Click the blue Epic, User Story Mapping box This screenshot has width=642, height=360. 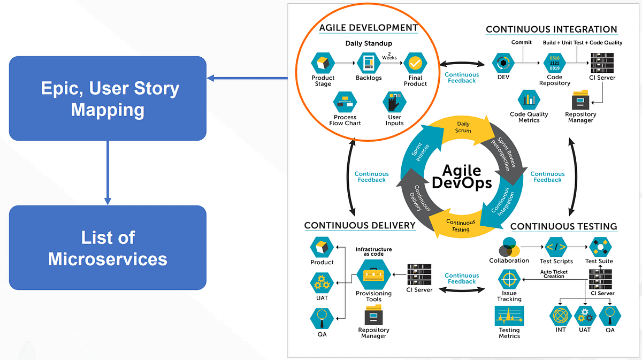click(108, 98)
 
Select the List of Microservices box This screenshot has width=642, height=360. click(108, 248)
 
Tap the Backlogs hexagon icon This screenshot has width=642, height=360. click(368, 63)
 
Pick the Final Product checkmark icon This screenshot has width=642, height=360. click(415, 63)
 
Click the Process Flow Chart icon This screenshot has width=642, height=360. click(345, 102)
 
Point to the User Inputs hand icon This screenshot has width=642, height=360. click(394, 102)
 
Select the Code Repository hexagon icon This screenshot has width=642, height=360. click(554, 63)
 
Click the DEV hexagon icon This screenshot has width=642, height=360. click(502, 63)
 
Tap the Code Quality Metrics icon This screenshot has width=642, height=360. click(529, 99)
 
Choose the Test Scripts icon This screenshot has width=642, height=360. click(556, 248)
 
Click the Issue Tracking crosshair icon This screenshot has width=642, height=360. click(509, 279)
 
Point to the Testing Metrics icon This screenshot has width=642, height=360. click(509, 317)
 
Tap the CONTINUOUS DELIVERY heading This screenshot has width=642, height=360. click(360, 225)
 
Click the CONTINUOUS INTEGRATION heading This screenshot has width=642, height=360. click(551, 29)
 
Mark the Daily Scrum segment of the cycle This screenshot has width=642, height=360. click(463, 127)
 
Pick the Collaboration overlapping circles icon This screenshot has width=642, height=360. click(508, 247)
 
